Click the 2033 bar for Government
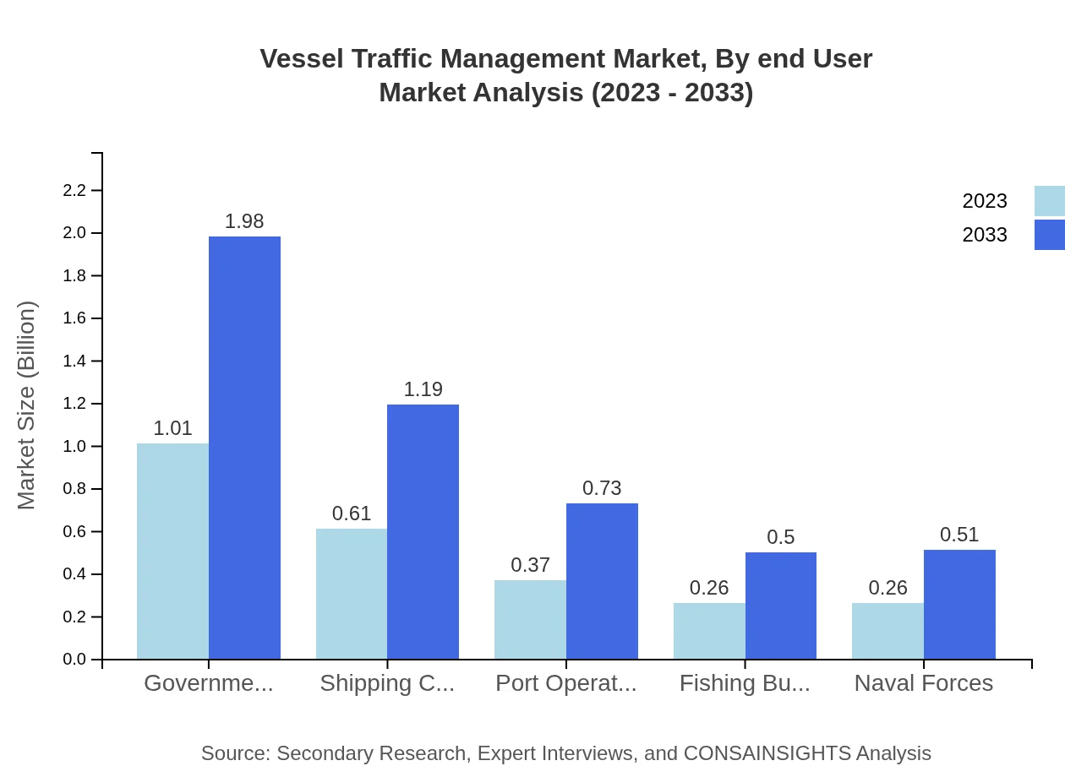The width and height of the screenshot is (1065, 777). pyautogui.click(x=244, y=448)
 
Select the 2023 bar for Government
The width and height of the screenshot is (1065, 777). pyautogui.click(x=172, y=551)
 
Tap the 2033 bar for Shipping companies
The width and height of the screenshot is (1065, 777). pyautogui.click(x=423, y=531)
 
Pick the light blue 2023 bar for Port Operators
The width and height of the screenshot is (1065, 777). pyautogui.click(x=530, y=619)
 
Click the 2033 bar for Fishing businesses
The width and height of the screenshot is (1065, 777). pyautogui.click(x=780, y=606)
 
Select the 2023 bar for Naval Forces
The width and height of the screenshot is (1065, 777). pyautogui.click(x=887, y=631)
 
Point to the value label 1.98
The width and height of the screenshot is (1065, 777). pyautogui.click(x=244, y=221)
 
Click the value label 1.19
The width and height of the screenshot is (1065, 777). pyautogui.click(x=423, y=389)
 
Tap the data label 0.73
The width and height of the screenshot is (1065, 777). pyautogui.click(x=602, y=488)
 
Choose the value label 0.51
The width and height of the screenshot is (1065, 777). pyautogui.click(x=959, y=535)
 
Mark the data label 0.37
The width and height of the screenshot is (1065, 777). pyautogui.click(x=530, y=565)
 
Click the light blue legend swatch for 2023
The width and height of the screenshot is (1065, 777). pyautogui.click(x=1049, y=201)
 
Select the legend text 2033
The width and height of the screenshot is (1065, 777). pyautogui.click(x=985, y=235)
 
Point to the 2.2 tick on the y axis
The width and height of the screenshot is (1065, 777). pyautogui.click(x=75, y=191)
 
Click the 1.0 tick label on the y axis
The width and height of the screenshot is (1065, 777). pyautogui.click(x=75, y=447)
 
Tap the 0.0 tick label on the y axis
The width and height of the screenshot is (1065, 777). pyautogui.click(x=75, y=660)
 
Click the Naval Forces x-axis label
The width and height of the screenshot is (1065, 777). pyautogui.click(x=923, y=683)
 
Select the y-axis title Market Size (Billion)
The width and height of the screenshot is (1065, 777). pyautogui.click(x=27, y=405)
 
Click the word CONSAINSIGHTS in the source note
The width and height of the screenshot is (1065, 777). pyautogui.click(x=767, y=753)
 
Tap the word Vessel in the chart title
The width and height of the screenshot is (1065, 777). pyautogui.click(x=301, y=59)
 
